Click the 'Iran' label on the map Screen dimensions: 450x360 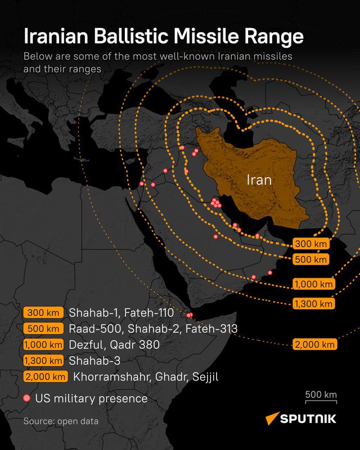click(259, 181)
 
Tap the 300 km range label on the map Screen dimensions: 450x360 click(310, 244)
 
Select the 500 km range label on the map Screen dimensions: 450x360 click(310, 259)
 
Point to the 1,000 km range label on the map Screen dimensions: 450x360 click(313, 284)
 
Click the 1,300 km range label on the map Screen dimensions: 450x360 click(313, 304)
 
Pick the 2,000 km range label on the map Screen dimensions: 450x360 click(314, 344)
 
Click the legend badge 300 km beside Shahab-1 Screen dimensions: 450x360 click(43, 313)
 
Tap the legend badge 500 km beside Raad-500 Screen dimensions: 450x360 click(43, 328)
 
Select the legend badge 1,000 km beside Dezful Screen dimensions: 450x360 click(43, 344)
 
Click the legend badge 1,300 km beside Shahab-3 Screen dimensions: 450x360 click(43, 361)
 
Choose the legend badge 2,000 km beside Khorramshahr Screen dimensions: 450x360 click(46, 377)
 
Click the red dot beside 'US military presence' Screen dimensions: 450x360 click(26, 398)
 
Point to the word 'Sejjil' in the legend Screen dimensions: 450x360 click(203, 377)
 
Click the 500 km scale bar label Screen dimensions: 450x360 click(321, 394)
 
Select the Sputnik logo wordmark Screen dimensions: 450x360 click(308, 418)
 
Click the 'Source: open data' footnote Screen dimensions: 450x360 click(61, 421)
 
